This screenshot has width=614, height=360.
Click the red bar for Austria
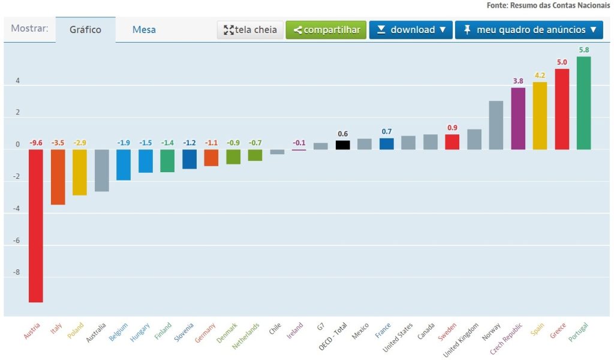click(36, 226)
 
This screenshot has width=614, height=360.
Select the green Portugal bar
click(583, 103)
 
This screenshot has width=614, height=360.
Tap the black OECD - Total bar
click(342, 145)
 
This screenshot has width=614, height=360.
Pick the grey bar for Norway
click(496, 125)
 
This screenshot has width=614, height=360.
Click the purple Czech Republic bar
click(518, 119)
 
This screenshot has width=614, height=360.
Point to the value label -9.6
click(36, 143)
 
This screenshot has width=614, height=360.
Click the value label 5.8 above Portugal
click(583, 50)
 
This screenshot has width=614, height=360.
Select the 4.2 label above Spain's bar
click(540, 75)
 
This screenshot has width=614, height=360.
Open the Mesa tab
click(144, 29)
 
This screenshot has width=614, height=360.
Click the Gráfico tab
click(85, 29)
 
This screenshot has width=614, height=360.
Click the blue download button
click(411, 29)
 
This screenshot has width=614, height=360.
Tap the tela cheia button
click(250, 29)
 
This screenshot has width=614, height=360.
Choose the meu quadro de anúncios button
click(529, 29)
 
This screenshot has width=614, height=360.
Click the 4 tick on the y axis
click(17, 80)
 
